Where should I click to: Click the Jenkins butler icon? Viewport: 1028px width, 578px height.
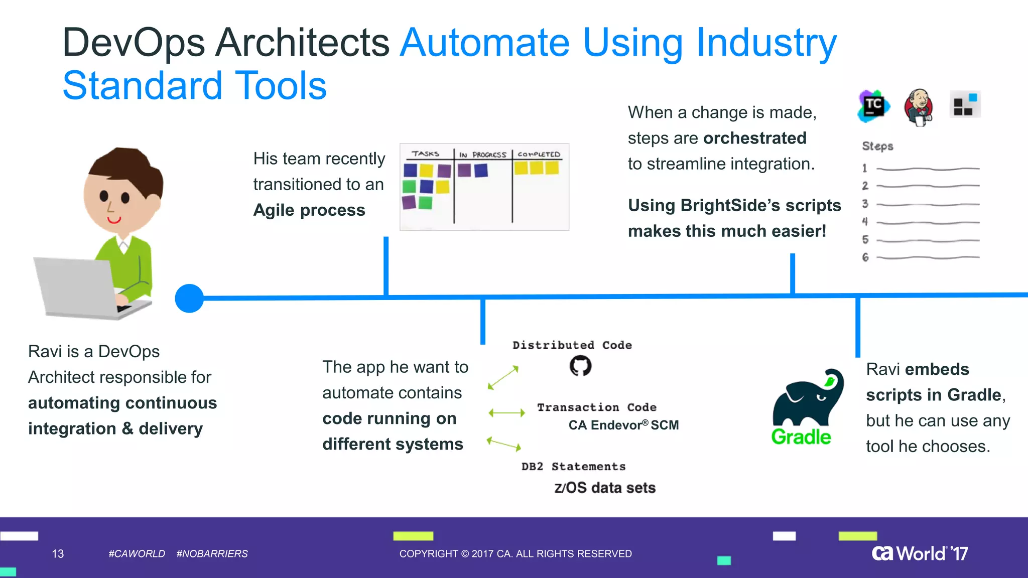coord(919,107)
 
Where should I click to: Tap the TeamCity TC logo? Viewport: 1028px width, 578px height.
coord(873,106)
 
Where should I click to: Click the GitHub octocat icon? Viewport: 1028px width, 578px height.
coord(580,366)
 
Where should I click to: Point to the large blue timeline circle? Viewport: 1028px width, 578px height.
coord(189,299)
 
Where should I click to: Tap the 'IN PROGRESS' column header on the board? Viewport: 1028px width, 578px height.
coord(482,155)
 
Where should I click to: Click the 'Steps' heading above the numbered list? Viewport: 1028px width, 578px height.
coord(877,146)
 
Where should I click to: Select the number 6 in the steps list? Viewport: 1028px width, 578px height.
coord(865,257)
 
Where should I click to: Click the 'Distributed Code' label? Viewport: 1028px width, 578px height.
coord(572,345)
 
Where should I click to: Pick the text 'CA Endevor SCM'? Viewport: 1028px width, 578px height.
coord(623,425)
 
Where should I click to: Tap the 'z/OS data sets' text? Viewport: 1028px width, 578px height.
coord(604,488)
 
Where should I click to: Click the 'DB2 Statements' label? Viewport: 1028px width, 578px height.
coord(573,467)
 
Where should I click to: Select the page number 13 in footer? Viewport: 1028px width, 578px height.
coord(58,553)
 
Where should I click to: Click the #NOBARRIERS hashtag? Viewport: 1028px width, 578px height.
coord(212,553)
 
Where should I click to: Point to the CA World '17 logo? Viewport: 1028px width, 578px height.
coord(920,553)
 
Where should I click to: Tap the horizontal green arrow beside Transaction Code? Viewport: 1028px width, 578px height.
coord(506,413)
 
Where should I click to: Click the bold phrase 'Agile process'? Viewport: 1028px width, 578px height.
coord(309,210)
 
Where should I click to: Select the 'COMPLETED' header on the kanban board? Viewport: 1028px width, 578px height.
coord(539,155)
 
